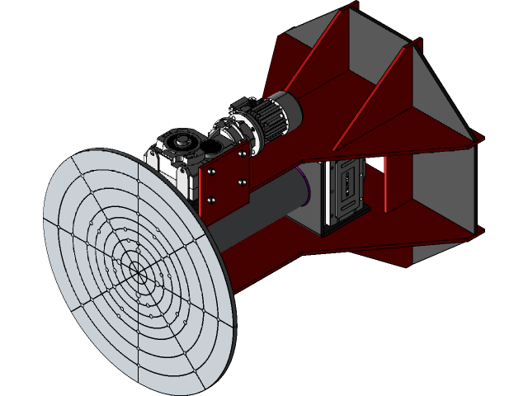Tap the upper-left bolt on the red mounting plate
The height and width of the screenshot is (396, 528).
click(x=213, y=172)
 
